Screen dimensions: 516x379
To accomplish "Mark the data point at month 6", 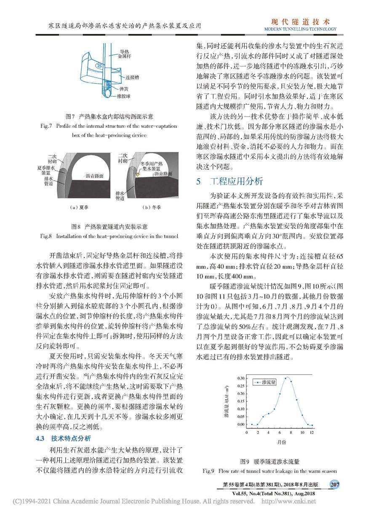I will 280,394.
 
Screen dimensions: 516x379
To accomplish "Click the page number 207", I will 335,485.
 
